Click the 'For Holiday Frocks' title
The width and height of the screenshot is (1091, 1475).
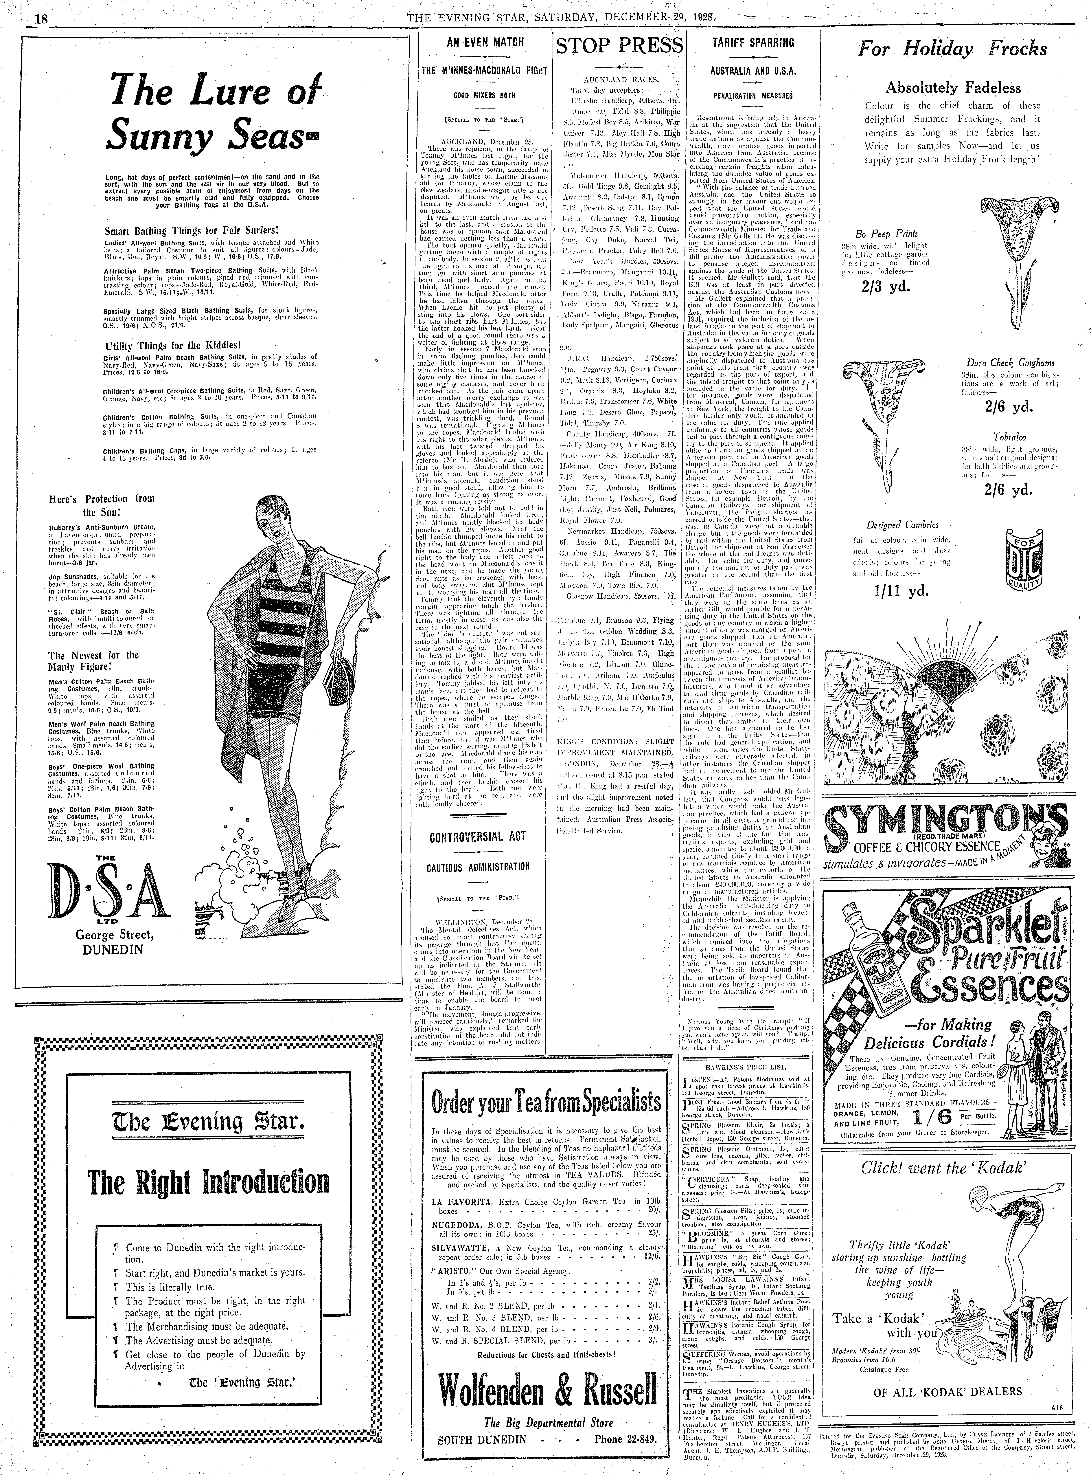point(952,49)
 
